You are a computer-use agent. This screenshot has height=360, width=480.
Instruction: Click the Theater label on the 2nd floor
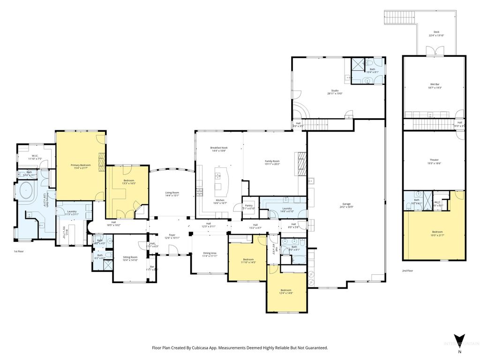click(434, 162)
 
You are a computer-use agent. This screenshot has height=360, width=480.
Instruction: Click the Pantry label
click(248, 207)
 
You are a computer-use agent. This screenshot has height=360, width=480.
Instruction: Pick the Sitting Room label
click(130, 258)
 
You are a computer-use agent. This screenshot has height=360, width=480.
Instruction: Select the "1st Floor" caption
click(19, 252)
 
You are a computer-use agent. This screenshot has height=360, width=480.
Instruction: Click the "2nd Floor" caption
click(407, 271)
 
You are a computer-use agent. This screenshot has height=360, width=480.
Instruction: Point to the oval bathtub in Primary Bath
click(26, 193)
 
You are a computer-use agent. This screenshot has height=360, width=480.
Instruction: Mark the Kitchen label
click(220, 201)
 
